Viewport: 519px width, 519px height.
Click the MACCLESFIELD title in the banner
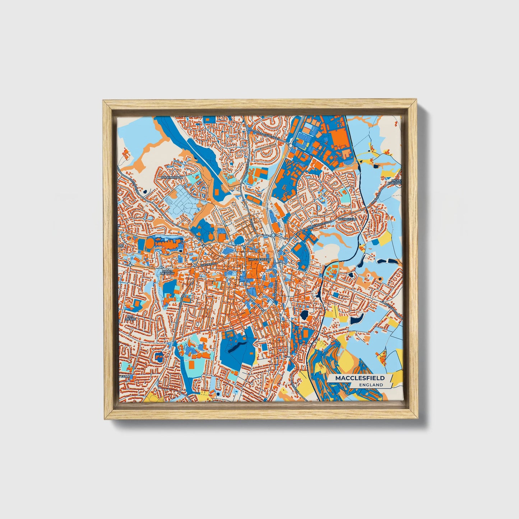360,378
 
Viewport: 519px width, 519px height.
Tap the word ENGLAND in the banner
371,385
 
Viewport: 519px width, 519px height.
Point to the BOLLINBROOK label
172,177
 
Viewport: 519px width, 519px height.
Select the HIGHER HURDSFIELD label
395,181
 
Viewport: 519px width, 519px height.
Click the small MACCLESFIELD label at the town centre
259,259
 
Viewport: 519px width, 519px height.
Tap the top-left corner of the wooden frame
103,101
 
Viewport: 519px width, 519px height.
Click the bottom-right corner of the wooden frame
418,419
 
